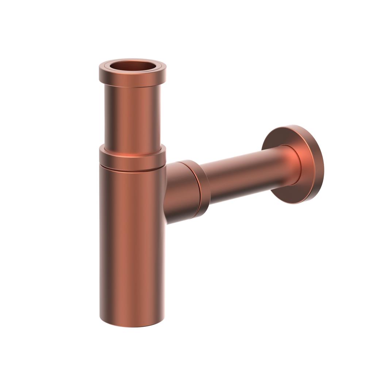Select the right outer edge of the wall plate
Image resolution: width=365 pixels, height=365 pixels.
point(323,164)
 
